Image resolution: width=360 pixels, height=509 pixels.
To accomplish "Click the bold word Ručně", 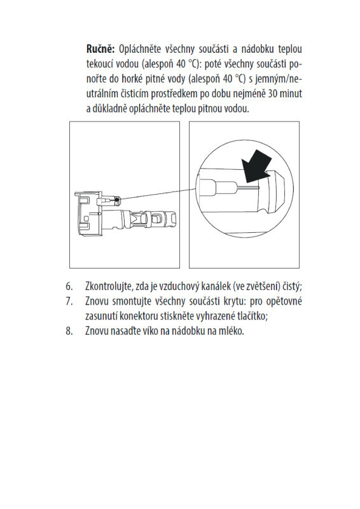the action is pyautogui.click(x=100, y=49).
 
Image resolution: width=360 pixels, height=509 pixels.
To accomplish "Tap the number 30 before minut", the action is pyautogui.click(x=273, y=94).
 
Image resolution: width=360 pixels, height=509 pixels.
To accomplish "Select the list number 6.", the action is pyautogui.click(x=69, y=286).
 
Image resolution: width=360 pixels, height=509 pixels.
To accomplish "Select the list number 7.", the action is pyautogui.click(x=69, y=301).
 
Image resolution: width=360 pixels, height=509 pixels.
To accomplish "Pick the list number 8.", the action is pyautogui.click(x=69, y=331).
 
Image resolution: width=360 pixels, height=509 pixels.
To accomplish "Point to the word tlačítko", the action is pyautogui.click(x=253, y=316).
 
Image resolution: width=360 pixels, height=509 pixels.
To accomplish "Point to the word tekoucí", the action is pyautogui.click(x=99, y=64).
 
